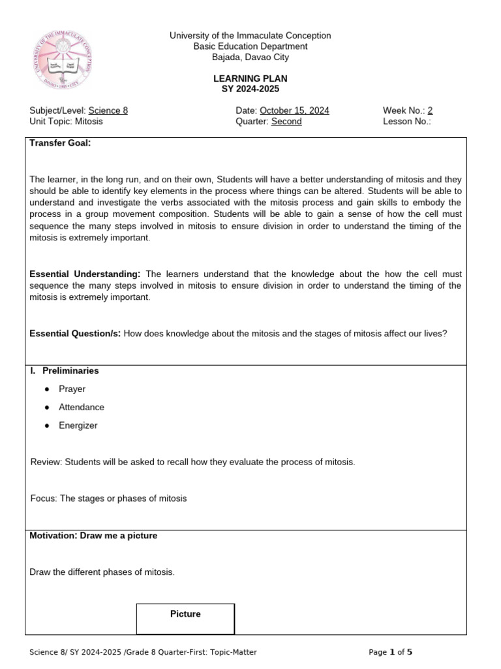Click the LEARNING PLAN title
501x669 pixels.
[250, 78]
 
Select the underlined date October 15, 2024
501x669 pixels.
[294, 110]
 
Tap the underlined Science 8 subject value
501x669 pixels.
[108, 110]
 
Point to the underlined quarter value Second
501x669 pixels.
[286, 121]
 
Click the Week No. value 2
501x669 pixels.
[430, 110]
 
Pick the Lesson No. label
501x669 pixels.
[406, 121]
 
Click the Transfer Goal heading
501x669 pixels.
[60, 143]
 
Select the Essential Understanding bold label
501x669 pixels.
[85, 274]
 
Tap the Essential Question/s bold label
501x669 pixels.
[75, 333]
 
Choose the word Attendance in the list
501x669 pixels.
[82, 407]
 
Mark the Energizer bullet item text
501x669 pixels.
[78, 425]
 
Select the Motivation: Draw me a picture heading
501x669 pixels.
[93, 536]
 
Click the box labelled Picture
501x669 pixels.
[185, 618]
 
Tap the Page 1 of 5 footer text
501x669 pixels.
[390, 652]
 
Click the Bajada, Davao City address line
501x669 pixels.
[250, 57]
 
